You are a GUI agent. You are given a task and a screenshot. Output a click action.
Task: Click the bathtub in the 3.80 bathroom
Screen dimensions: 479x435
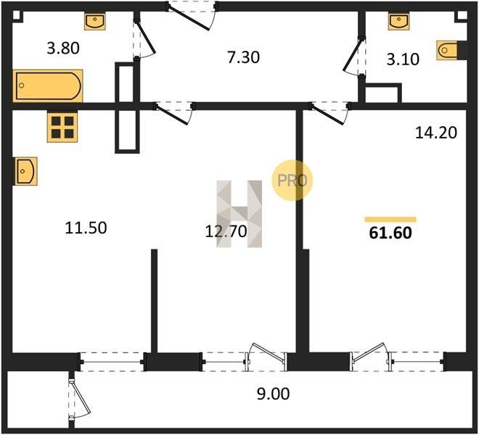click(48, 86)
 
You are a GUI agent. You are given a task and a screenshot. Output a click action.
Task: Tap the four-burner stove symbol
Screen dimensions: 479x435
click(62, 127)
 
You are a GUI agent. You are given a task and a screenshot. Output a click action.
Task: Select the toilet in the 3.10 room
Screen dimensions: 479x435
click(447, 50)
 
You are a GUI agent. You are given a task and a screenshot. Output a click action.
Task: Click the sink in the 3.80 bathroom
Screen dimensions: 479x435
click(95, 21)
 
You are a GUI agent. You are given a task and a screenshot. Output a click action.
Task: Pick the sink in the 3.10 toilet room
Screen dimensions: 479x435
click(399, 21)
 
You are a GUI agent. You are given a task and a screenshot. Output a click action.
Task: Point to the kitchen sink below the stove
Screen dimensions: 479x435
click(25, 171)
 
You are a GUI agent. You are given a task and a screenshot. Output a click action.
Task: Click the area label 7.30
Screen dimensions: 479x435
click(243, 57)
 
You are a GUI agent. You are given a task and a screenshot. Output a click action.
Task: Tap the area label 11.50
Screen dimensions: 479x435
click(86, 228)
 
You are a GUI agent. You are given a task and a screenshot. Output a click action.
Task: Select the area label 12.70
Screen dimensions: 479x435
click(226, 231)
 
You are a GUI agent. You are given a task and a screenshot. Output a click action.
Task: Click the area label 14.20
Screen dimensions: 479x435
click(436, 133)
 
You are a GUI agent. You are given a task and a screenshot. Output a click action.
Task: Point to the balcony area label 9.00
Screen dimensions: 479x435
click(273, 394)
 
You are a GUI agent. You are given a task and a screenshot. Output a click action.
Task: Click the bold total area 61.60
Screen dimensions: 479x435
click(390, 233)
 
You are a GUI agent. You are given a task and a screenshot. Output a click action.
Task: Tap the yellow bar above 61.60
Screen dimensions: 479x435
click(390, 219)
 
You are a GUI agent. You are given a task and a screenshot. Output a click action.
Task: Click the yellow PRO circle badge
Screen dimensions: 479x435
click(292, 180)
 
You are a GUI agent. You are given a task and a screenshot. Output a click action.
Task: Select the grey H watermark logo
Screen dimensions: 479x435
click(239, 214)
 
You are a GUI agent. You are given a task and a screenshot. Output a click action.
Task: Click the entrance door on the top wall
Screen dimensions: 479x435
click(192, 16)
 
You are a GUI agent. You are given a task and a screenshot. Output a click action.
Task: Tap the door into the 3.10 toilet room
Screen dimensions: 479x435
click(354, 56)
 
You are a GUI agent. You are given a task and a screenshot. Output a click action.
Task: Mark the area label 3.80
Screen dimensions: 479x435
click(63, 49)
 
